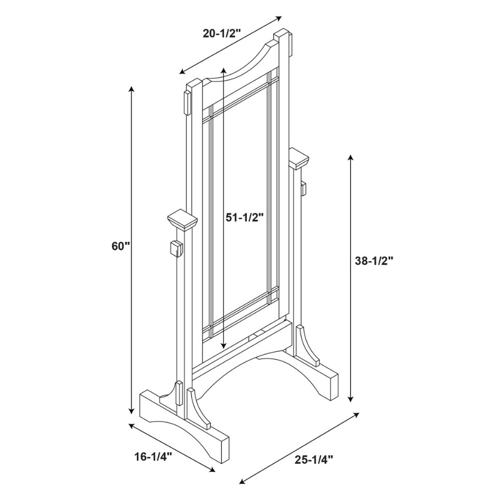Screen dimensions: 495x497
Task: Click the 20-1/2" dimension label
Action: [222, 33]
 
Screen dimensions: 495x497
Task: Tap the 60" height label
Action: [121, 246]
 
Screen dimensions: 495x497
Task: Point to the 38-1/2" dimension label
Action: [374, 260]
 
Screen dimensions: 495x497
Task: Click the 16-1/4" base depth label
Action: [153, 457]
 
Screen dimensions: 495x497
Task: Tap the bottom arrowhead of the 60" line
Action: [131, 411]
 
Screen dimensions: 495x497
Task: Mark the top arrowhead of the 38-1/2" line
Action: [350, 157]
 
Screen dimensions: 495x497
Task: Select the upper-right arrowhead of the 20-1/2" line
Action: [279, 18]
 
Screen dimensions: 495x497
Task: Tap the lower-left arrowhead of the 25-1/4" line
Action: [242, 483]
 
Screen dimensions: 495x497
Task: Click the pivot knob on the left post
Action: [176, 249]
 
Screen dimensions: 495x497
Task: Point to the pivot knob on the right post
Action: [303, 188]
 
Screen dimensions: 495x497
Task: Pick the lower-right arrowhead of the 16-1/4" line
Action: [211, 470]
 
